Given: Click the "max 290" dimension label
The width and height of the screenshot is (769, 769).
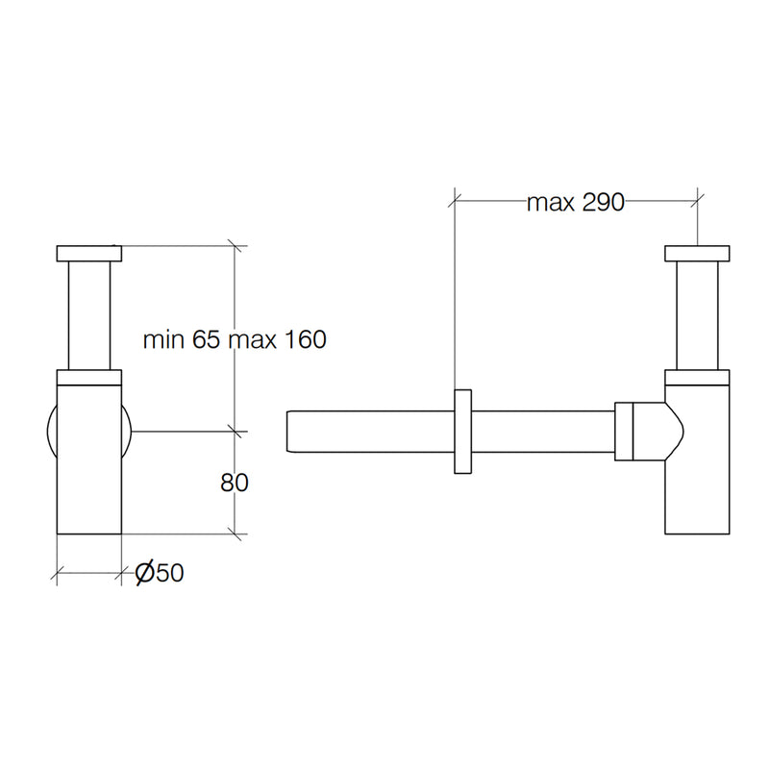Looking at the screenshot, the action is click(x=575, y=202).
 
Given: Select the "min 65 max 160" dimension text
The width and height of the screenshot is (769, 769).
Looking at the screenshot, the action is click(x=235, y=339).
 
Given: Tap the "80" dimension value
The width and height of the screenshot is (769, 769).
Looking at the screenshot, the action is click(x=235, y=484).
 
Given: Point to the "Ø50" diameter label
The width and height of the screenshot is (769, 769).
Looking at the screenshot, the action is click(x=160, y=572).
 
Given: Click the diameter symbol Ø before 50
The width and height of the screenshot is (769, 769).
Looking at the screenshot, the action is click(x=144, y=572).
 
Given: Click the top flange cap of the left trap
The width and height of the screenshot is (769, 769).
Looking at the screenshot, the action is click(x=89, y=254).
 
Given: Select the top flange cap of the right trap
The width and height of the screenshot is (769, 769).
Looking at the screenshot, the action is click(x=697, y=254).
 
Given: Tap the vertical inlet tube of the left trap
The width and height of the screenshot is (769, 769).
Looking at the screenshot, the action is click(x=89, y=315).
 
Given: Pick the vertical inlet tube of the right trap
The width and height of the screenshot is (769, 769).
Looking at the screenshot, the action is click(x=697, y=315).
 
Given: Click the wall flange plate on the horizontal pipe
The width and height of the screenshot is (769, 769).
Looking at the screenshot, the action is click(x=462, y=432).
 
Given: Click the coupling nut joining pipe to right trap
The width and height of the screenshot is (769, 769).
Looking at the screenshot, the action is click(x=624, y=431).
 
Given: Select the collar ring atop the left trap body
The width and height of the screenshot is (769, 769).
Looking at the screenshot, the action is click(x=89, y=377).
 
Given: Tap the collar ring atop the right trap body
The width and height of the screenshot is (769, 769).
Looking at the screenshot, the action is click(x=697, y=377).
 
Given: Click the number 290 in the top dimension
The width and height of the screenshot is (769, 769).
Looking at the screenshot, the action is click(x=604, y=202).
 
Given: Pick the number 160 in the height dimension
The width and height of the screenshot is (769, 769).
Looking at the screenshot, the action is click(x=305, y=339).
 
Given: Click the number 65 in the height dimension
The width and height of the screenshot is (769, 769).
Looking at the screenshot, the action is click(x=206, y=339).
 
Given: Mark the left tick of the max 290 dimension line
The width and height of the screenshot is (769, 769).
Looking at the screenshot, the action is click(x=455, y=200).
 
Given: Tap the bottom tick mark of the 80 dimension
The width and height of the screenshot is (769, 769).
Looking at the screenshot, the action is click(x=235, y=533).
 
